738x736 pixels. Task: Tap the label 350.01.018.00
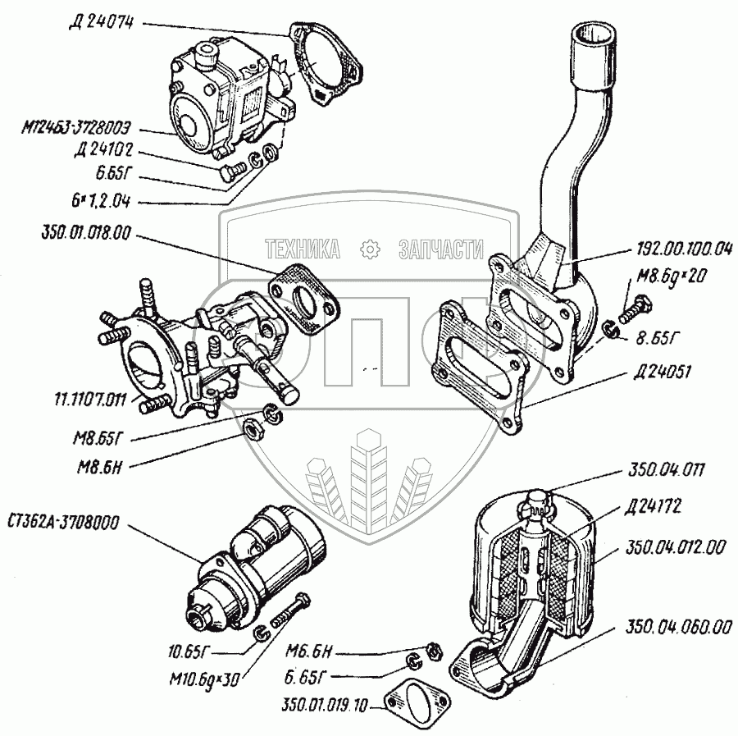point(83,233)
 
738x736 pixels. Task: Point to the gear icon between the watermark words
point(370,249)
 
